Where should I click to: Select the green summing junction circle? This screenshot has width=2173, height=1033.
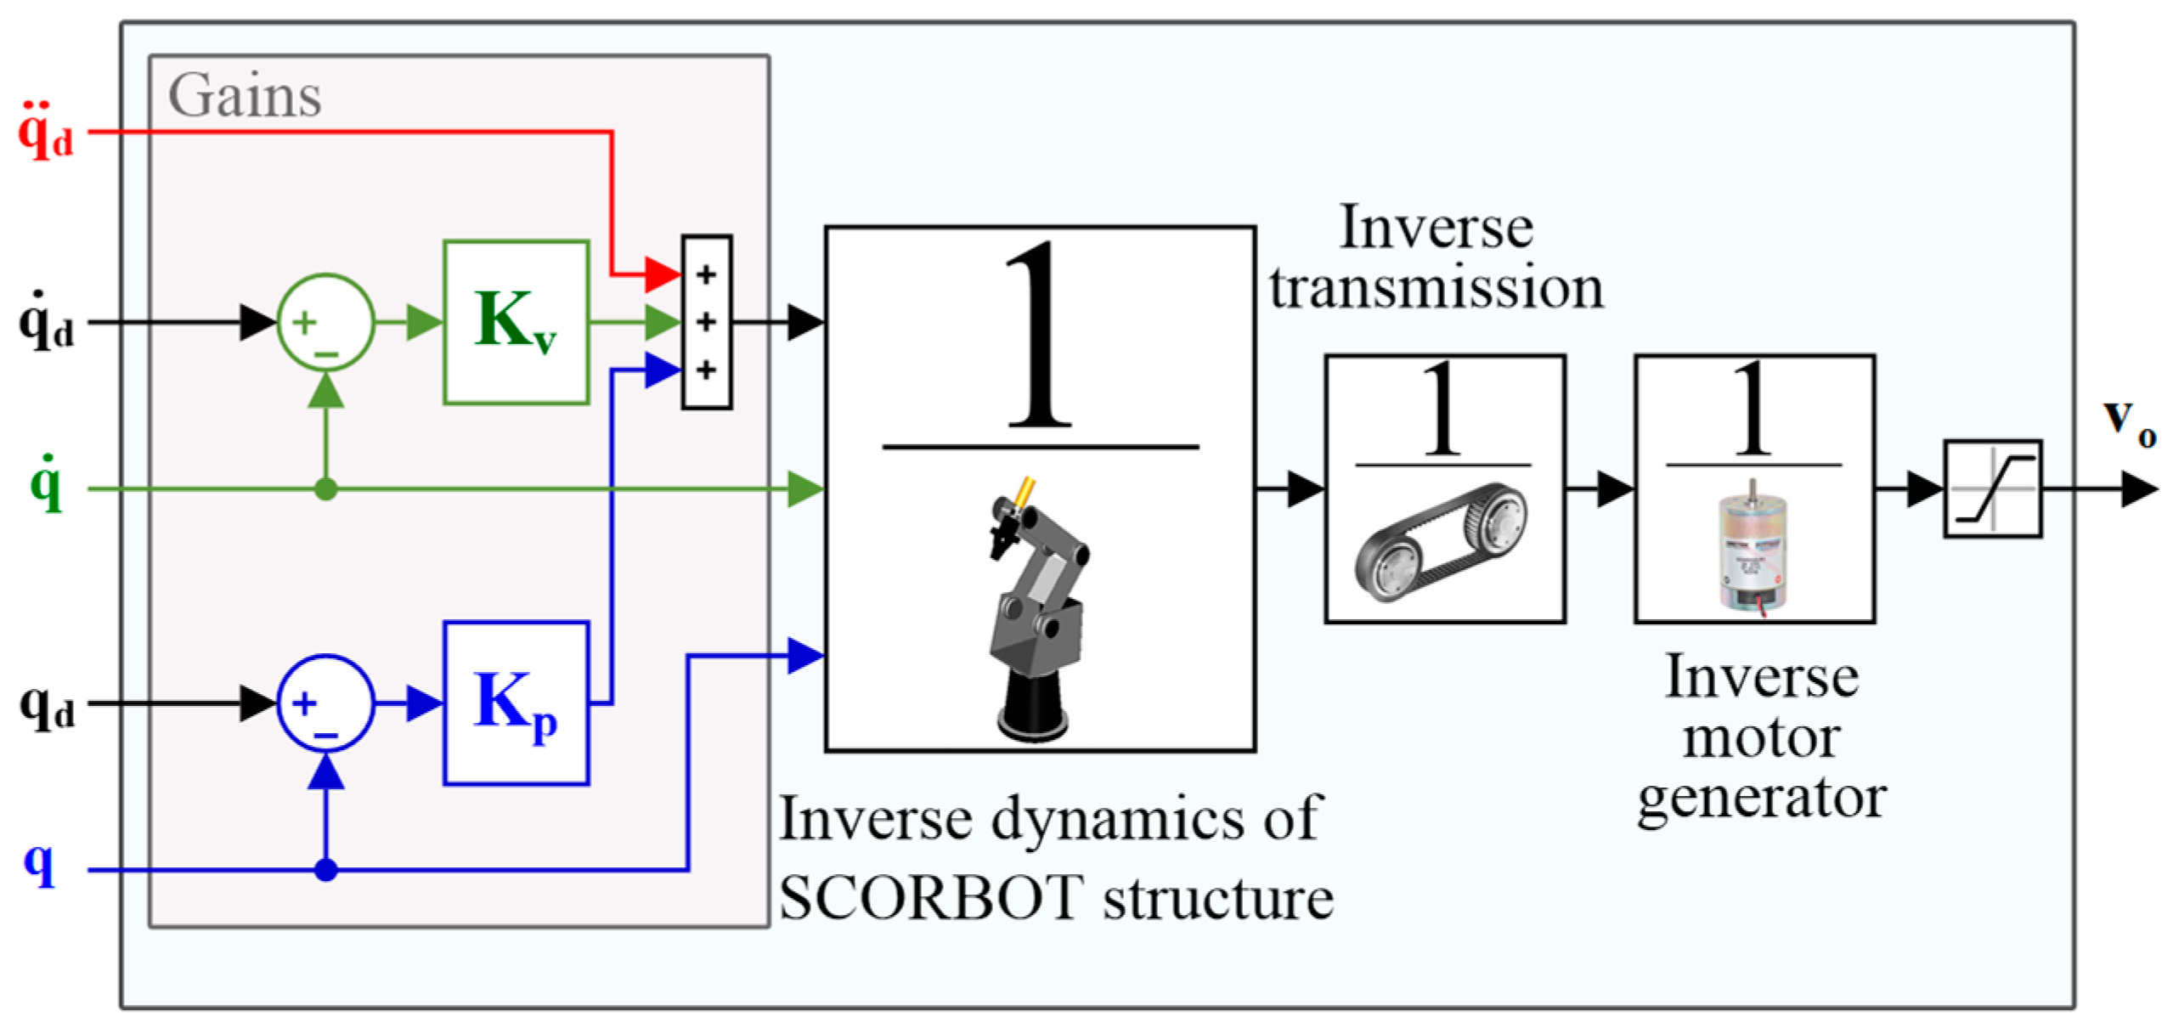click(325, 322)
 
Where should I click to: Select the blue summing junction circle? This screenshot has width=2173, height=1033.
click(325, 703)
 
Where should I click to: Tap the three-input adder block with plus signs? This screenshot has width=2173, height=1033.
click(706, 322)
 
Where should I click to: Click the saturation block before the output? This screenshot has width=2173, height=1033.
click(1992, 488)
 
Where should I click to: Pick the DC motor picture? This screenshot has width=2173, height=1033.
click(1752, 548)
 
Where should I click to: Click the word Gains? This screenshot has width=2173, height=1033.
click(245, 95)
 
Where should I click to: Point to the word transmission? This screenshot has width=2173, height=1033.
click(1436, 287)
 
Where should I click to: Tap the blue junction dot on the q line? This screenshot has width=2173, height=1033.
click(325, 869)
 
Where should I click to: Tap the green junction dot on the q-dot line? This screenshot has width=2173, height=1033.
click(325, 488)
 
